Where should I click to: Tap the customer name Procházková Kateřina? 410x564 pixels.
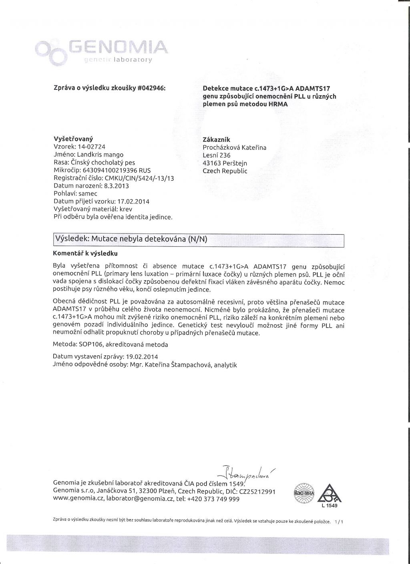[x=235, y=147]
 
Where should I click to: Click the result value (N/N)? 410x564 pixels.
[x=198, y=240]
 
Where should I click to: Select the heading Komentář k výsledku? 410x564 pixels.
[x=85, y=254]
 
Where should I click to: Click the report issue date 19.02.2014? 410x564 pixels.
[x=141, y=357]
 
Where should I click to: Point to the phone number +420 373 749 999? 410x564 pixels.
[x=213, y=499]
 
